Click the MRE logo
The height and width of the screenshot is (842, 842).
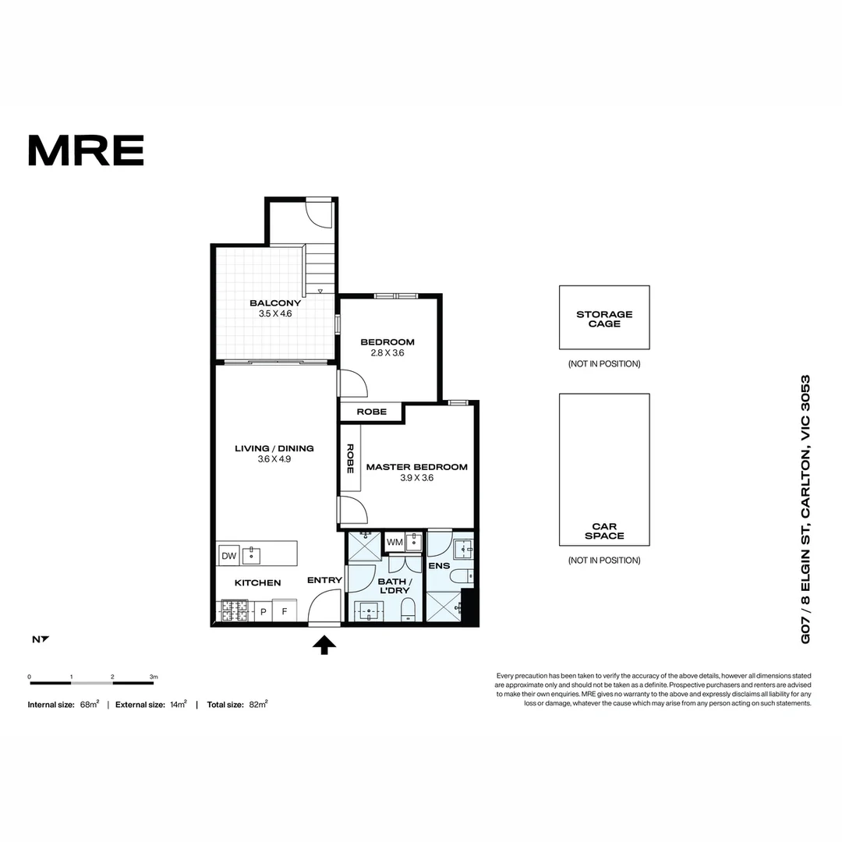point(86,150)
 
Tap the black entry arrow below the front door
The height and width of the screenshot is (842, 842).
point(324,644)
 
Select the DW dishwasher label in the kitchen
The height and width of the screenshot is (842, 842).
point(228,556)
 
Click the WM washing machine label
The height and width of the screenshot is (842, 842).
point(394,542)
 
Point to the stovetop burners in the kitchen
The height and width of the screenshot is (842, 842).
point(235,610)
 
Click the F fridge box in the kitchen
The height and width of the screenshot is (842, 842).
point(285,611)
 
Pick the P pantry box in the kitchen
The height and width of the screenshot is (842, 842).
point(264,611)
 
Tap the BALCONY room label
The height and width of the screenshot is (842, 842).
point(274,303)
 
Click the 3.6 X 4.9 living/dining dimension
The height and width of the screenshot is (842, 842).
point(274,459)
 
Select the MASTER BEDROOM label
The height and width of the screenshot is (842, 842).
point(416,467)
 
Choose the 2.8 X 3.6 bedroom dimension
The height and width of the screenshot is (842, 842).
point(387,352)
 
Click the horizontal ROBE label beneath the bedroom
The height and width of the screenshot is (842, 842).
point(371,412)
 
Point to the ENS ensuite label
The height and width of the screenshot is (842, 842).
point(439,565)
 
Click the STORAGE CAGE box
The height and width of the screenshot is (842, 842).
point(604,318)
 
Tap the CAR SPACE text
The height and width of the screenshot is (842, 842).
point(604,531)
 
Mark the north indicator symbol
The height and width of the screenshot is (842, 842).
point(40,639)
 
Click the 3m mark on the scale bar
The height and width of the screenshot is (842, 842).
point(154,677)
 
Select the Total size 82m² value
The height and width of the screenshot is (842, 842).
point(257,704)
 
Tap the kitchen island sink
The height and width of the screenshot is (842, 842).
point(251,556)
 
